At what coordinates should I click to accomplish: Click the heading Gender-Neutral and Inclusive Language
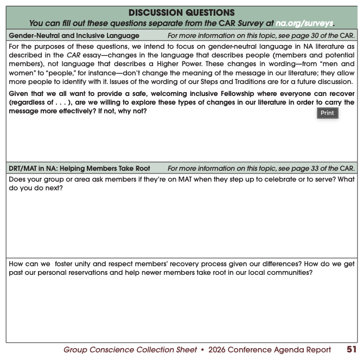[x=74, y=36]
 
